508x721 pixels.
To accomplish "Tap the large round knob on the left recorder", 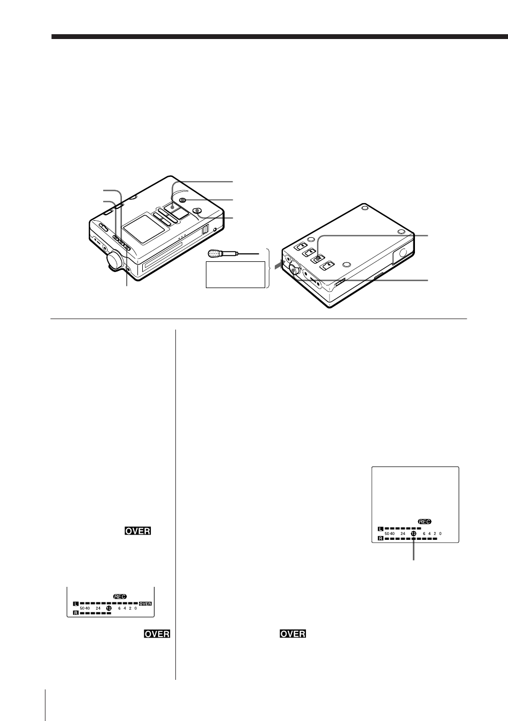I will pyautogui.click(x=115, y=260).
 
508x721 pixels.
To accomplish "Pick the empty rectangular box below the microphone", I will pyautogui.click(x=235, y=275).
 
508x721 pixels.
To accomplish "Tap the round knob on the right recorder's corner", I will pyautogui.click(x=294, y=268).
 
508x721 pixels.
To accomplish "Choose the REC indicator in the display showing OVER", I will pyautogui.click(x=119, y=596).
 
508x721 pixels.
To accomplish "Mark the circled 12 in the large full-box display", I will pyautogui.click(x=413, y=533).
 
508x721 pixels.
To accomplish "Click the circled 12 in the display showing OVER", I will pyautogui.click(x=109, y=608).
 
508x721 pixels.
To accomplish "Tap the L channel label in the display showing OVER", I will pyautogui.click(x=76, y=603).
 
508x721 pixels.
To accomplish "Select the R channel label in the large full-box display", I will pyautogui.click(x=380, y=539).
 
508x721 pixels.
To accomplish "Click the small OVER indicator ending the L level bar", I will pyautogui.click(x=145, y=603).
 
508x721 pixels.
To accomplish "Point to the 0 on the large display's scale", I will pyautogui.click(x=441, y=533).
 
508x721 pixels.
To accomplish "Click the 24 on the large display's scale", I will pyautogui.click(x=402, y=533).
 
